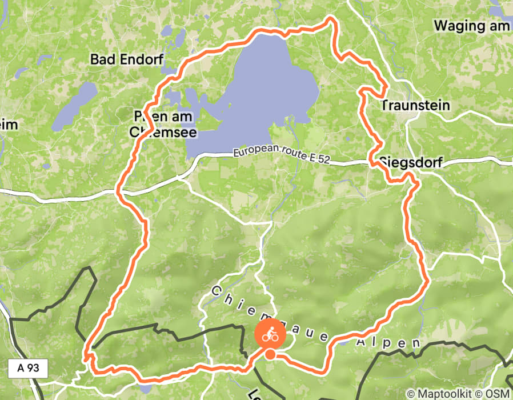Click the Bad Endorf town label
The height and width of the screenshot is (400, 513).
(x=127, y=59)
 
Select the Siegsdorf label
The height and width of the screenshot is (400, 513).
(x=410, y=162)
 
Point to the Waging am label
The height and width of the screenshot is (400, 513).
(x=472, y=26)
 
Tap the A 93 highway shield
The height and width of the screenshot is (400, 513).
(x=29, y=368)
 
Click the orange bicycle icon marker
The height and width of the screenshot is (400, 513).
(x=270, y=335)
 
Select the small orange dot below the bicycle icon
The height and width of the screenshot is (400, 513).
(x=270, y=355)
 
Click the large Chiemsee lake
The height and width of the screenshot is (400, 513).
(x=268, y=91)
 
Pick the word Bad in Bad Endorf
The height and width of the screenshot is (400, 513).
(x=102, y=59)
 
